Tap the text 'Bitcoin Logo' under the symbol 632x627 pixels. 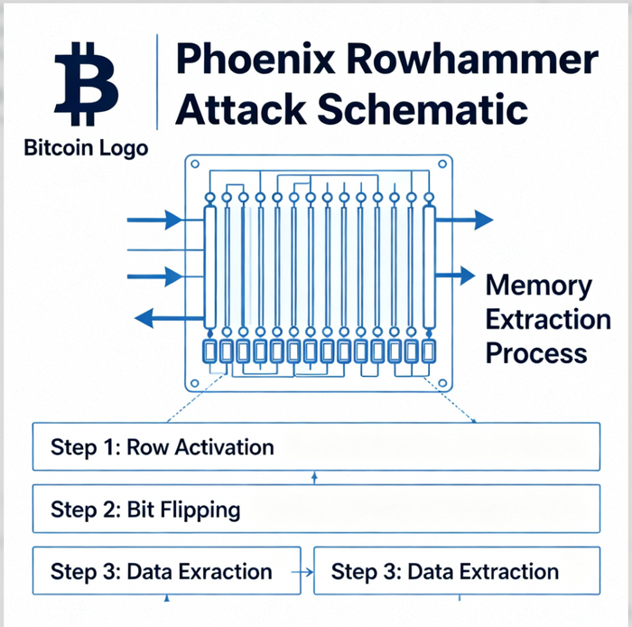tap(87, 147)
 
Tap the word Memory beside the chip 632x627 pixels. tap(539, 286)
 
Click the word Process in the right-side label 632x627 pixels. tap(536, 351)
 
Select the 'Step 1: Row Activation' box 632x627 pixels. tap(316, 446)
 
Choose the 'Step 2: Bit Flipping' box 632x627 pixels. tap(316, 510)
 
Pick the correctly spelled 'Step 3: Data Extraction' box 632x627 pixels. tap(456, 571)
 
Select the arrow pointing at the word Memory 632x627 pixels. tap(465, 275)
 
